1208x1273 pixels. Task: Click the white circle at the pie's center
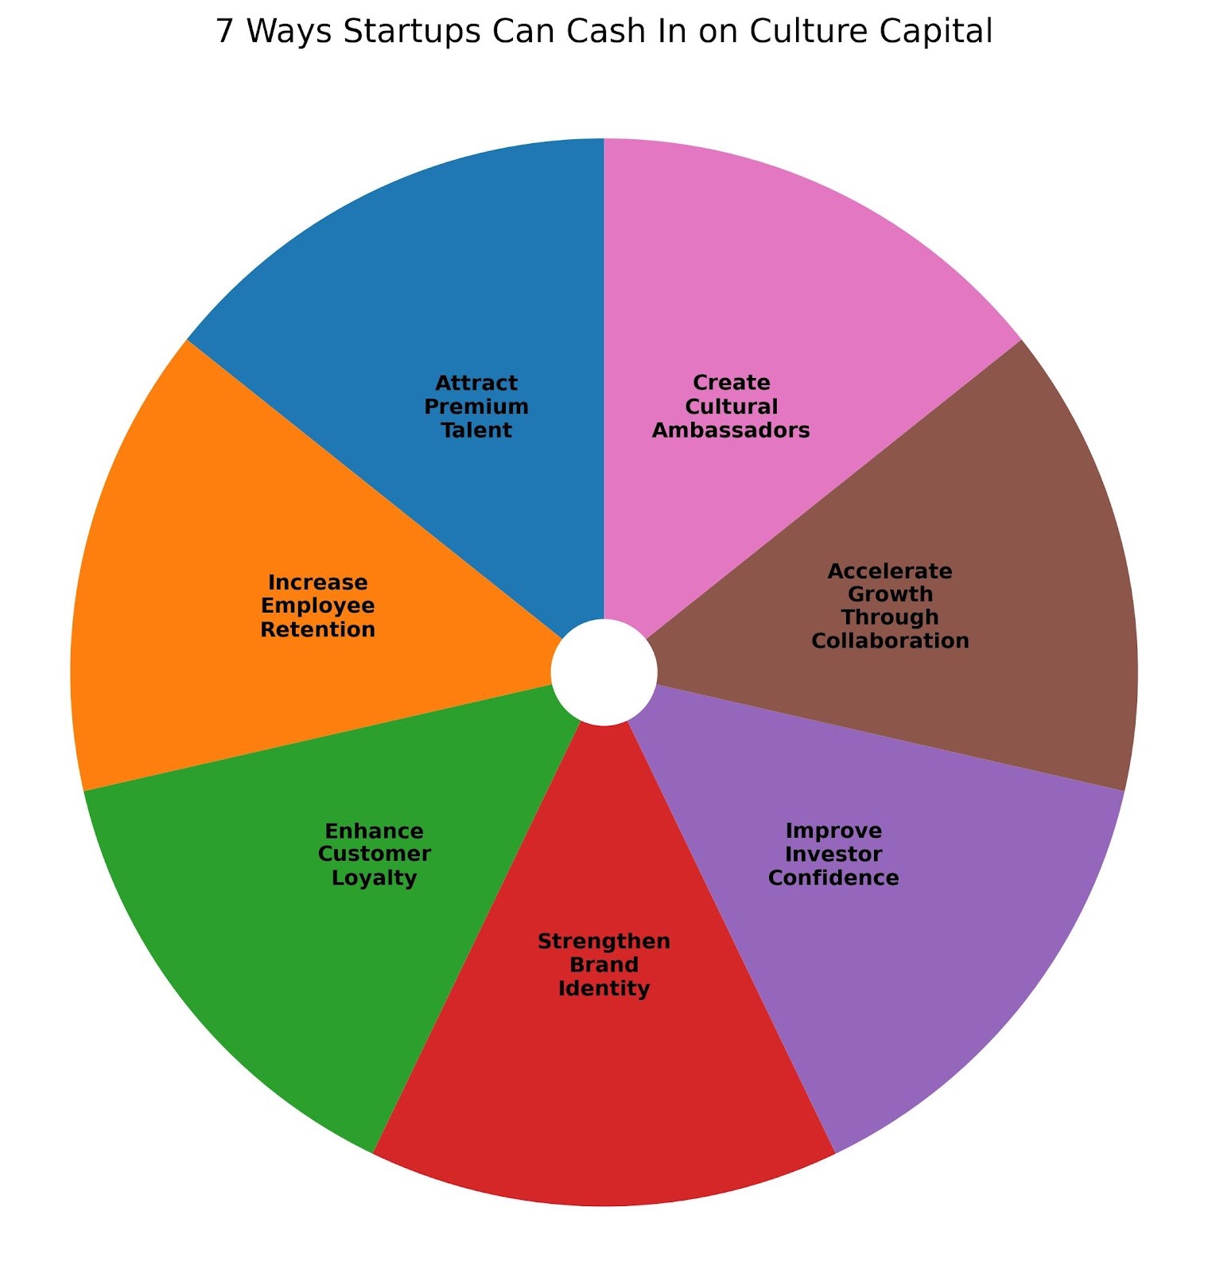pos(604,672)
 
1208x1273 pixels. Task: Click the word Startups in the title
pos(362,33)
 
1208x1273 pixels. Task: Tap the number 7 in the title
pos(224,33)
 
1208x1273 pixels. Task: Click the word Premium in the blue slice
pos(476,407)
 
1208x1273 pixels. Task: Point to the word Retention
pos(318,629)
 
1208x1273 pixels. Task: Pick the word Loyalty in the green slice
pos(374,878)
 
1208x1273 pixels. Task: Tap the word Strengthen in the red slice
pos(604,941)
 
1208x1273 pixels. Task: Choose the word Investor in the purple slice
pos(833,854)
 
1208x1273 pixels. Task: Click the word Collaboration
pos(890,640)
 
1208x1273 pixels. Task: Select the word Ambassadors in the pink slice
pos(731,430)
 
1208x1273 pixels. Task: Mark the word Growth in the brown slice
pos(890,594)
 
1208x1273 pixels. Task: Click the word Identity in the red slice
pos(604,988)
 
